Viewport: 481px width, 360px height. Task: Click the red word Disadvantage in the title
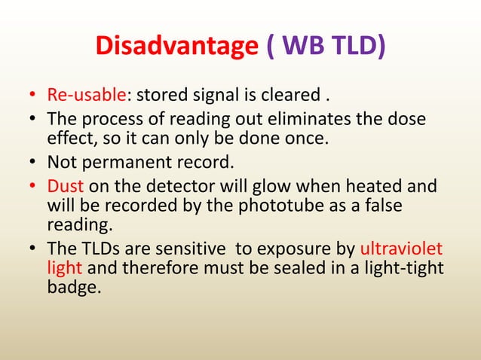(176, 47)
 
